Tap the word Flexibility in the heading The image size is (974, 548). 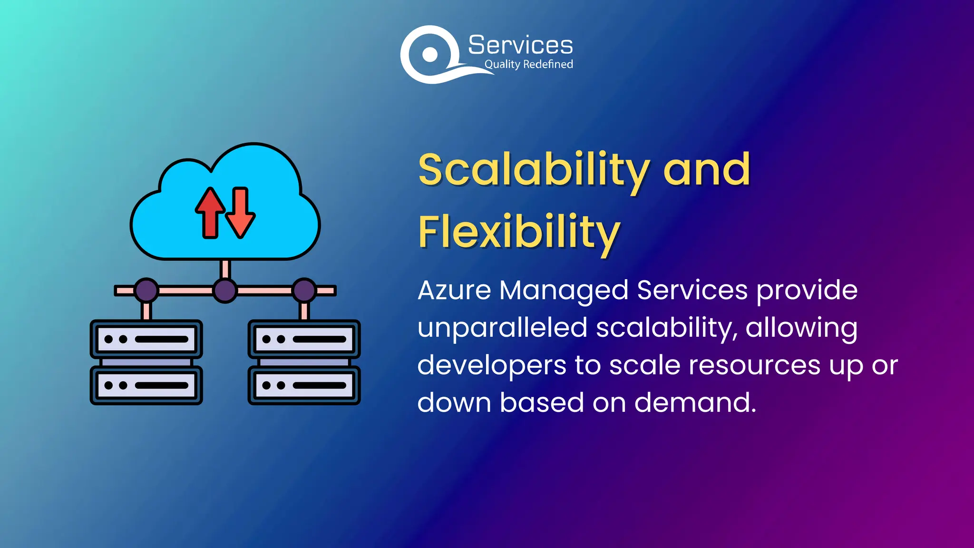pos(519,233)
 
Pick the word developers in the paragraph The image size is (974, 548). pos(492,366)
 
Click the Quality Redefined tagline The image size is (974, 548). pos(528,64)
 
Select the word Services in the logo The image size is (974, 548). pos(520,45)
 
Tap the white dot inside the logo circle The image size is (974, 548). pos(430,54)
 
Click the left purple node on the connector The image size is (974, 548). pos(146,290)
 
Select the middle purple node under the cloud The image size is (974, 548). pos(225,290)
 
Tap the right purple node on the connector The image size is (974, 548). pos(304,290)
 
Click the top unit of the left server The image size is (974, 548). pos(146,339)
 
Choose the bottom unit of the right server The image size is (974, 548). pos(304,385)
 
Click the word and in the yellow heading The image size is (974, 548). pos(707,170)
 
